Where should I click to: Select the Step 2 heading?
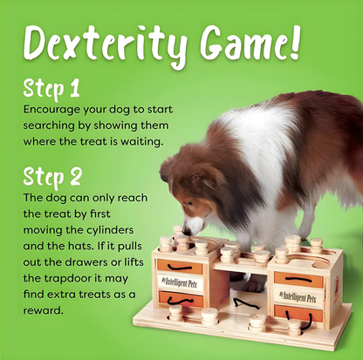53,177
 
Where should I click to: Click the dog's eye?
190,203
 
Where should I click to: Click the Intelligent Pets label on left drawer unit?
178,281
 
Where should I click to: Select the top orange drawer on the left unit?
178,266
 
